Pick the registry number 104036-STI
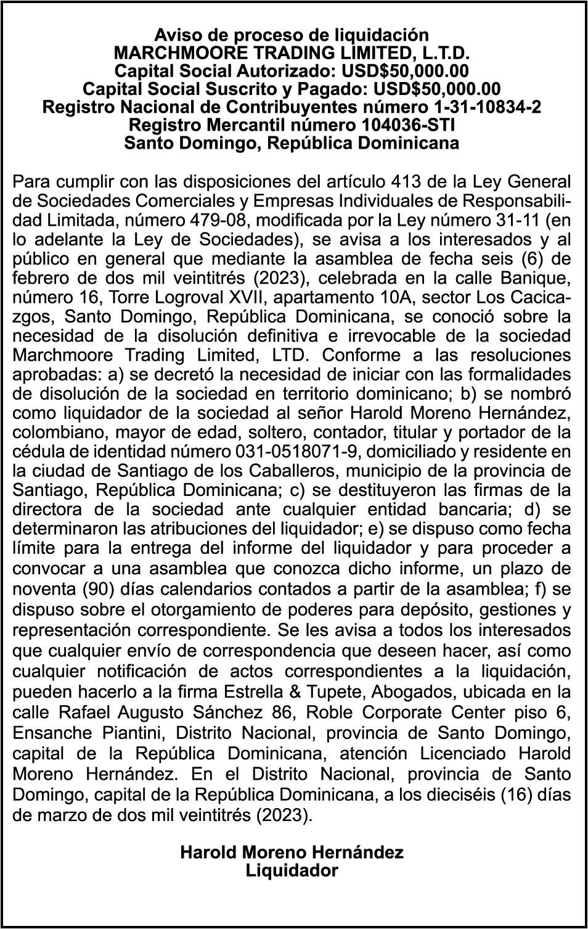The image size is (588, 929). click(x=406, y=125)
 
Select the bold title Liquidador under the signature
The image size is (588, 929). click(x=292, y=871)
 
